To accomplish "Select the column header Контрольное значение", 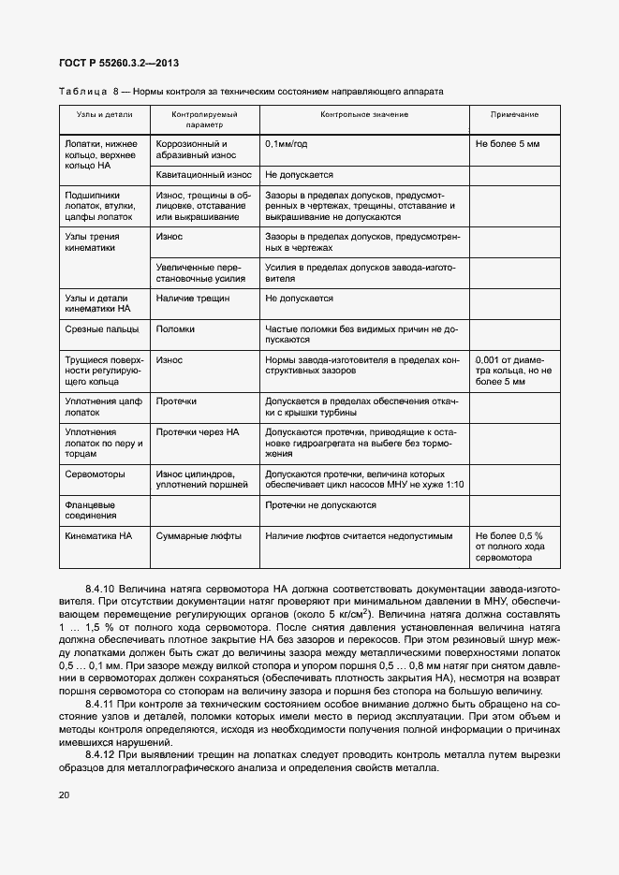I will [364, 114].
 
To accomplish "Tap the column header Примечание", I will [514, 114].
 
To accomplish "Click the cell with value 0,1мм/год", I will [286, 145].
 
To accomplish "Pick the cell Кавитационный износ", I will [203, 175].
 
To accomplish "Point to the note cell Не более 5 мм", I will [508, 145].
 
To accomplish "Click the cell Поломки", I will [175, 329].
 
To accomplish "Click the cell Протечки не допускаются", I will [320, 505].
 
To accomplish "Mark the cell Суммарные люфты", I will [199, 536].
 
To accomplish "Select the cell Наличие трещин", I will [194, 299].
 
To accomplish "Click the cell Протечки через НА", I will [198, 432].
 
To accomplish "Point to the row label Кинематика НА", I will [98, 536].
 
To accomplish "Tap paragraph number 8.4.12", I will [100, 754].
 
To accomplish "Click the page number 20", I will [64, 795].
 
